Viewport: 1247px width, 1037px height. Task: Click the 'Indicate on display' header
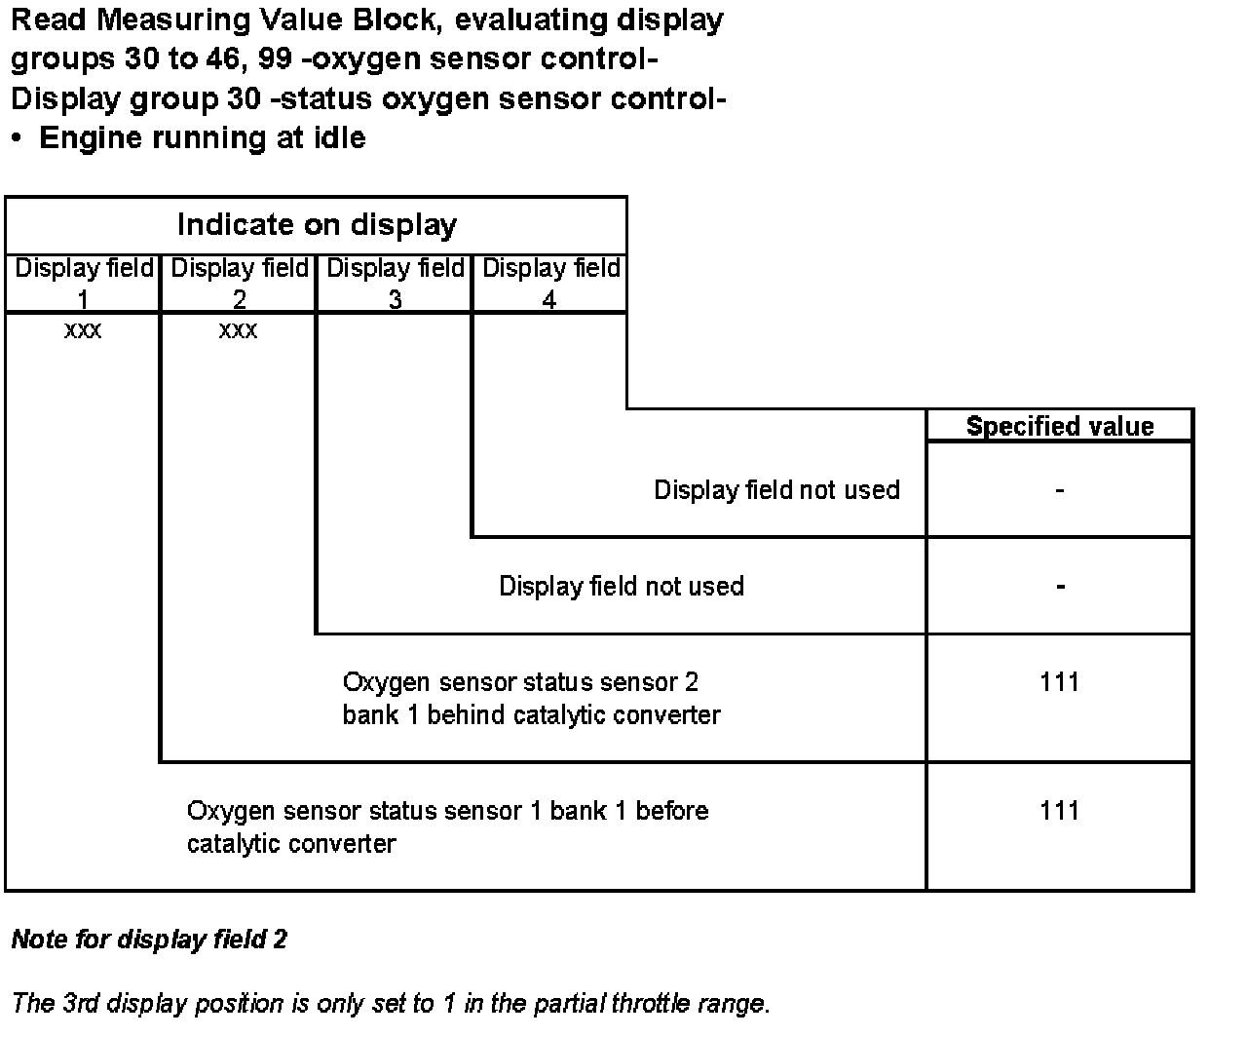pos(317,225)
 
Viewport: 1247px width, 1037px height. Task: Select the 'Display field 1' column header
pos(84,283)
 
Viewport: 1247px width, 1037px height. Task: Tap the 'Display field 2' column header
pos(240,283)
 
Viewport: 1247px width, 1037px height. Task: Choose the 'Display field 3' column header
pos(396,283)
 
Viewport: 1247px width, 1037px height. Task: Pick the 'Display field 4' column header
pos(551,283)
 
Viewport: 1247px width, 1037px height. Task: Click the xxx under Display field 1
pos(83,331)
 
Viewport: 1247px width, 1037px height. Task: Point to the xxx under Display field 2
pos(239,331)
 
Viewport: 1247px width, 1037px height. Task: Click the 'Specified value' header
pos(1060,426)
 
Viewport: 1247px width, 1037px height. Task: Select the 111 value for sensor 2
pos(1059,682)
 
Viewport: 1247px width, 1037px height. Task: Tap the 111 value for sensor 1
pos(1059,811)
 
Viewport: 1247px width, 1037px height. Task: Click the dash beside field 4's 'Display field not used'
pos(1059,490)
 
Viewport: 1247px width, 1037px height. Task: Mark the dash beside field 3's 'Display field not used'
pos(1059,587)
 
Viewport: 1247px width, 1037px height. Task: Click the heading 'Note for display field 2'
pos(149,940)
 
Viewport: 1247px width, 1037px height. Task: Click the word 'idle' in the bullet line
pos(338,137)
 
